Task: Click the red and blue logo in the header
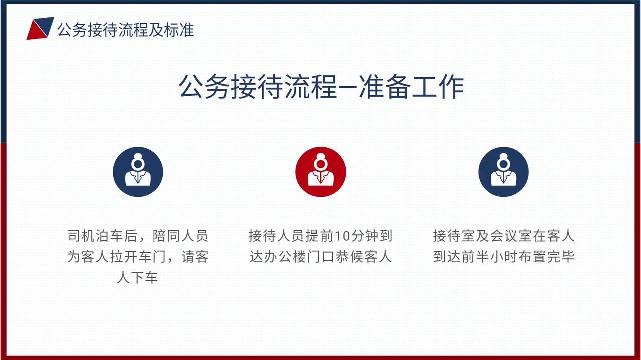pyautogui.click(x=40, y=28)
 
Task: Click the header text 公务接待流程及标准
pyautogui.click(x=126, y=30)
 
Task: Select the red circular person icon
pyautogui.click(x=320, y=172)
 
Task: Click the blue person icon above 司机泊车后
pyautogui.click(x=138, y=172)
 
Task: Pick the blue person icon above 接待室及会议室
pyautogui.click(x=503, y=172)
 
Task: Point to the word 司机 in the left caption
pyautogui.click(x=82, y=236)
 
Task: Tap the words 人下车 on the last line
pyautogui.click(x=137, y=277)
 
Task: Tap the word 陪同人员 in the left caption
pyautogui.click(x=180, y=236)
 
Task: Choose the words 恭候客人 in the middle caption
pyautogui.click(x=364, y=257)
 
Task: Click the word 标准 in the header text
pyautogui.click(x=179, y=30)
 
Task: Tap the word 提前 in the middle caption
pyautogui.click(x=320, y=236)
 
